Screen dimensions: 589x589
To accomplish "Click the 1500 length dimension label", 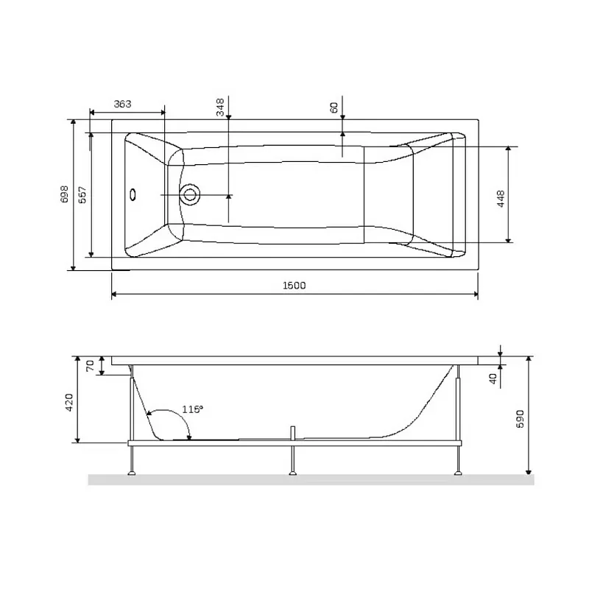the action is click(x=294, y=286).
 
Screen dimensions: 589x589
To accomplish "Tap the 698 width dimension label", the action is click(x=65, y=194).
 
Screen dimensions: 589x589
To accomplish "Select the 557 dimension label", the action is click(x=82, y=194).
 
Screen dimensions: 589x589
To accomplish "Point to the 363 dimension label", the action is click(x=122, y=104).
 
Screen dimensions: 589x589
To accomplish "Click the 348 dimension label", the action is click(x=220, y=107).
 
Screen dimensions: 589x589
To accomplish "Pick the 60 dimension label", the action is click(x=334, y=107).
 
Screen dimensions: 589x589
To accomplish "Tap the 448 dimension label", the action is click(x=501, y=199).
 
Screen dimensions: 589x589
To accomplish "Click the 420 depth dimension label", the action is click(x=69, y=402).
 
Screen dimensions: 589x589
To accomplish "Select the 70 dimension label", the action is click(x=90, y=366).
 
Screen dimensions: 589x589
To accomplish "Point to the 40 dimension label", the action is click(x=493, y=378).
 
